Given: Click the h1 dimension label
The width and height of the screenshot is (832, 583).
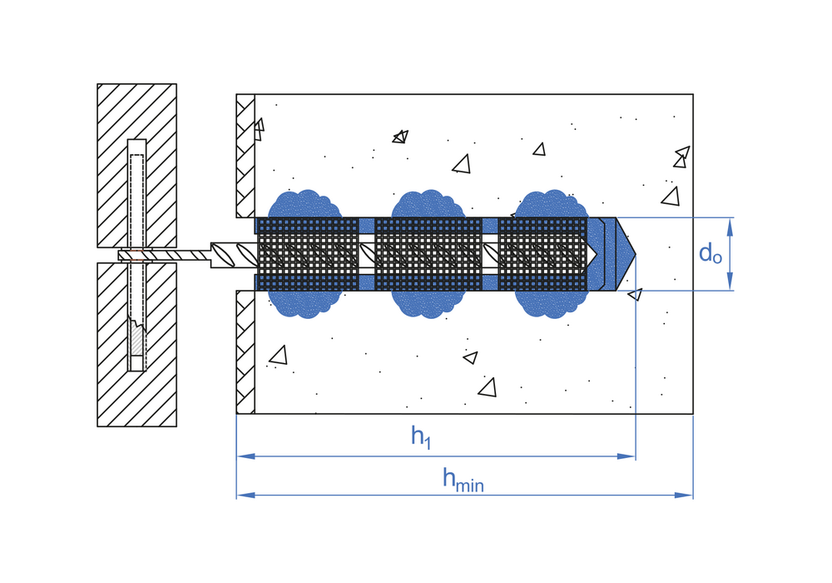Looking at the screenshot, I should click(x=421, y=436).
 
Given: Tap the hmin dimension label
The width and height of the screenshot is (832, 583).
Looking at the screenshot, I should click(x=463, y=479).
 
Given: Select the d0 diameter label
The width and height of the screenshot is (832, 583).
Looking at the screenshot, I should click(x=710, y=253).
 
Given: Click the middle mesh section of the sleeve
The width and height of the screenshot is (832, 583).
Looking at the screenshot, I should click(x=428, y=254).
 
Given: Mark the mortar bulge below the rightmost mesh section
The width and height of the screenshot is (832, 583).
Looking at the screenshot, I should click(x=551, y=302).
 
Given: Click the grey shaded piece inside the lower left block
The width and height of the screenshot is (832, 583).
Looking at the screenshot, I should click(x=137, y=339).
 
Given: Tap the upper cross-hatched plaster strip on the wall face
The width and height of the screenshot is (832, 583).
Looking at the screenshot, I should click(x=245, y=156).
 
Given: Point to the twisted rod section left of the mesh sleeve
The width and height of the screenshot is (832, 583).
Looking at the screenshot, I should click(x=234, y=254).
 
